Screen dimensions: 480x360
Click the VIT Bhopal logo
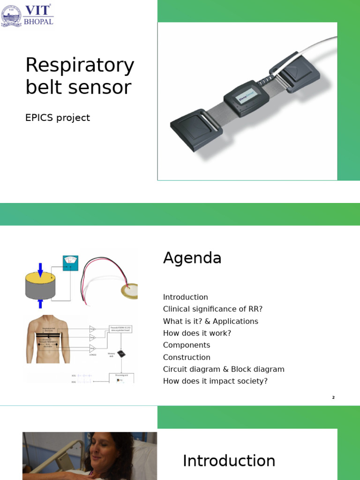(27, 15)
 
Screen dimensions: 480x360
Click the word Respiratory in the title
(80, 66)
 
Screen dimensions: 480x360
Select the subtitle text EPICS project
(57, 118)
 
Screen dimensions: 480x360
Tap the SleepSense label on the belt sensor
(247, 92)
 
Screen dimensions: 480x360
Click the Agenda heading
(192, 258)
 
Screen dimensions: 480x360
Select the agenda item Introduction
(185, 297)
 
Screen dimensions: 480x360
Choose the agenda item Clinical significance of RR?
(213, 309)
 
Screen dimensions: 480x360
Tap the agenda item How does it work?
(197, 333)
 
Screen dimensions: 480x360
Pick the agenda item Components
(187, 345)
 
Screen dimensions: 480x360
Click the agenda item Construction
(187, 357)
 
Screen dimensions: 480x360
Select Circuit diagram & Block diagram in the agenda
(224, 369)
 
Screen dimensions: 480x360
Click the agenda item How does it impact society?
(215, 381)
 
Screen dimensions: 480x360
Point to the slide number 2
(333, 397)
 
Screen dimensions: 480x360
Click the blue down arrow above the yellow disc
(40, 270)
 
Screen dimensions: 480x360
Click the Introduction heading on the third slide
(229, 461)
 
